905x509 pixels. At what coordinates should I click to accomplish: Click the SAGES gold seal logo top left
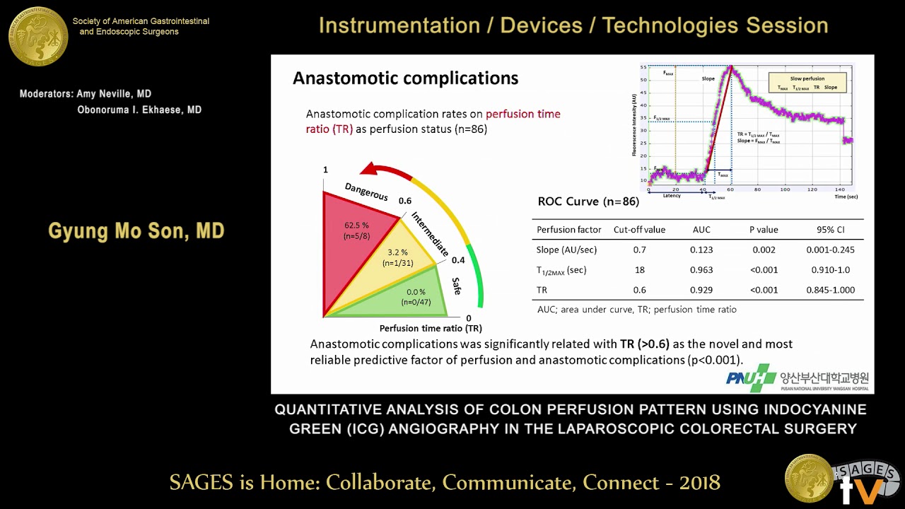click(x=38, y=35)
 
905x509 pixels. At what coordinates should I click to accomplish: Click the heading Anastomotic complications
click(x=405, y=78)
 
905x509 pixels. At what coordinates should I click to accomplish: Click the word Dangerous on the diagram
click(x=366, y=192)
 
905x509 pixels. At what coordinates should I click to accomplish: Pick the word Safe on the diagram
click(x=457, y=286)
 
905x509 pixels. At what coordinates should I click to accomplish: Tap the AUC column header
click(x=701, y=230)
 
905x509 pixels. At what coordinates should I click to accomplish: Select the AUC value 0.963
click(x=701, y=270)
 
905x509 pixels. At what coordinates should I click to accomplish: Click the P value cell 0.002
click(x=764, y=250)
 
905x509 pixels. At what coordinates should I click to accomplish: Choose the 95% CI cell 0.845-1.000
click(x=830, y=290)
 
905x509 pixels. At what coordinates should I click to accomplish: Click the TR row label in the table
click(x=542, y=290)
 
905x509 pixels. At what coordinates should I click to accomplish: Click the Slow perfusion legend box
click(x=807, y=82)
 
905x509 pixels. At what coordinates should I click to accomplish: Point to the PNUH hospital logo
click(x=751, y=378)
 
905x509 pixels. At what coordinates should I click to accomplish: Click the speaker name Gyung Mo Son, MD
click(x=136, y=231)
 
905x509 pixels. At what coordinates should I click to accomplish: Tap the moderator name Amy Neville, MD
click(x=86, y=94)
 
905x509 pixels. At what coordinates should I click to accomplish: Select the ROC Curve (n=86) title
click(x=588, y=201)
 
